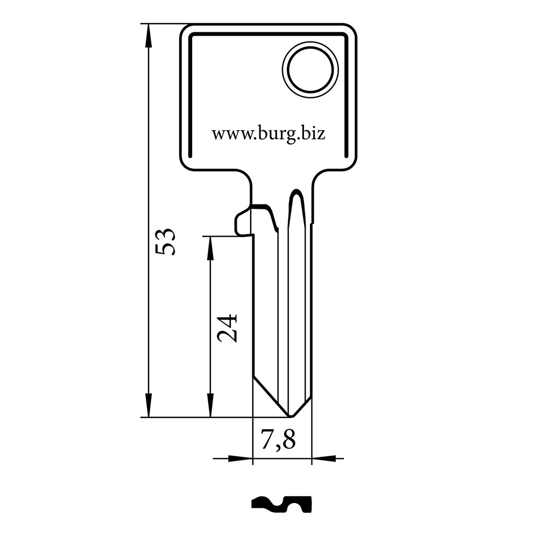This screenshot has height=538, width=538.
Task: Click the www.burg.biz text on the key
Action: (x=268, y=134)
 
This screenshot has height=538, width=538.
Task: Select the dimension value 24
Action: (x=228, y=328)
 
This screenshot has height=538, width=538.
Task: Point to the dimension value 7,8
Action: (x=278, y=440)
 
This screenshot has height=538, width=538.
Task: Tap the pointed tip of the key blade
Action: (x=291, y=416)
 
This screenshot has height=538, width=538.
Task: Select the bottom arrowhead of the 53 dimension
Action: (x=148, y=405)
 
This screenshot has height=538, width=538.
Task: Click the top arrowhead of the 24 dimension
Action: (x=210, y=249)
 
